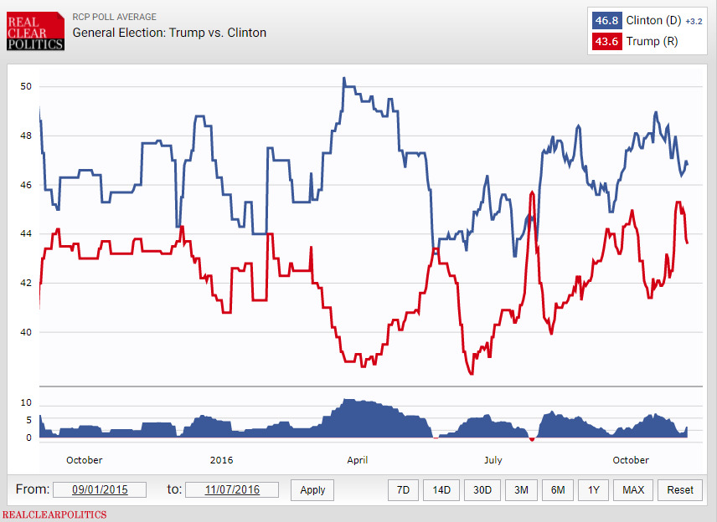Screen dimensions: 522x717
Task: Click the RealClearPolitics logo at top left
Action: pos(34,31)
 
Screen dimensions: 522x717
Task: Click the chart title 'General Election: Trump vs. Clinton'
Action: pos(169,33)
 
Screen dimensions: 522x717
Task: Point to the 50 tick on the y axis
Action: pos(26,86)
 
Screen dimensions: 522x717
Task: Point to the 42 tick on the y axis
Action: pos(26,283)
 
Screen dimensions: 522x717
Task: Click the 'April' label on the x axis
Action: pos(357,460)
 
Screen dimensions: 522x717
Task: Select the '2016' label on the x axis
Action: pos(221,460)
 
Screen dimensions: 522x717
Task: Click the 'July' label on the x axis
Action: pos(493,460)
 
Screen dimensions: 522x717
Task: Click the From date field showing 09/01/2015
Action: pos(99,489)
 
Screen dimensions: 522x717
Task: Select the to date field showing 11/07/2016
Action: pos(231,489)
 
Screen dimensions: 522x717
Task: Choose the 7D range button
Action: pos(403,489)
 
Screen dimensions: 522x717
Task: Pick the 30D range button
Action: pos(482,489)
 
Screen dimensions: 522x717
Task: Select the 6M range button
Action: pos(558,489)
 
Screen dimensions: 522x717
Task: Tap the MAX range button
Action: pos(633,489)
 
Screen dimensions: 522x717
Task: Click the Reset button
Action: pos(680,489)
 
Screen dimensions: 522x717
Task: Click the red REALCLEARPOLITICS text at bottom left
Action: pos(54,514)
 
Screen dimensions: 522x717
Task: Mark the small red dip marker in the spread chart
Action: pos(531,439)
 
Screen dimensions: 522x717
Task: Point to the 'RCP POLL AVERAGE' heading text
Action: pos(114,17)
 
